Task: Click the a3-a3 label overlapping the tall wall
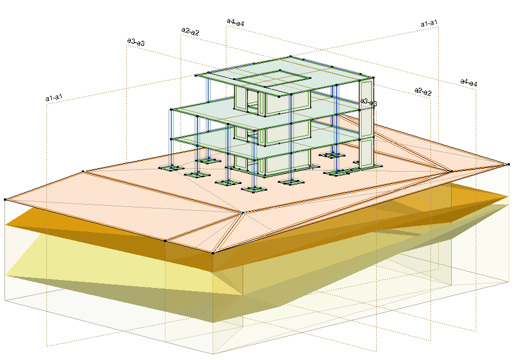click(368, 102)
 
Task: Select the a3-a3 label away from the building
click(136, 42)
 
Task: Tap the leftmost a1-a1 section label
click(54, 97)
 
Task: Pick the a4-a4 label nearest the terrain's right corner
click(468, 82)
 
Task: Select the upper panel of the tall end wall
click(366, 108)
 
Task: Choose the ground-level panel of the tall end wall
click(366, 153)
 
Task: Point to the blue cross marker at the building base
click(310, 167)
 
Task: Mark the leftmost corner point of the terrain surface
click(5, 200)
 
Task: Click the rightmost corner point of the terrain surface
click(508, 164)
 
